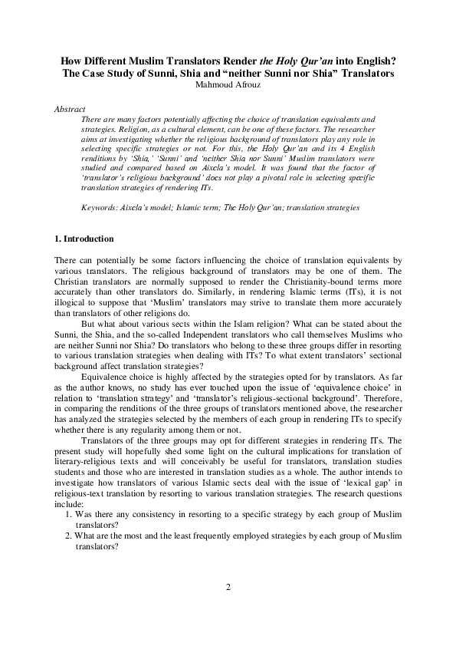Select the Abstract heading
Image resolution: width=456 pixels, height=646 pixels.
(x=70, y=110)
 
